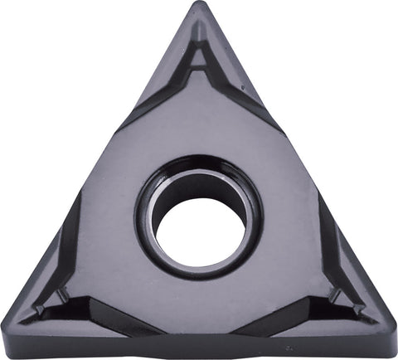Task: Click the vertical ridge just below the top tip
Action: [198, 29]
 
